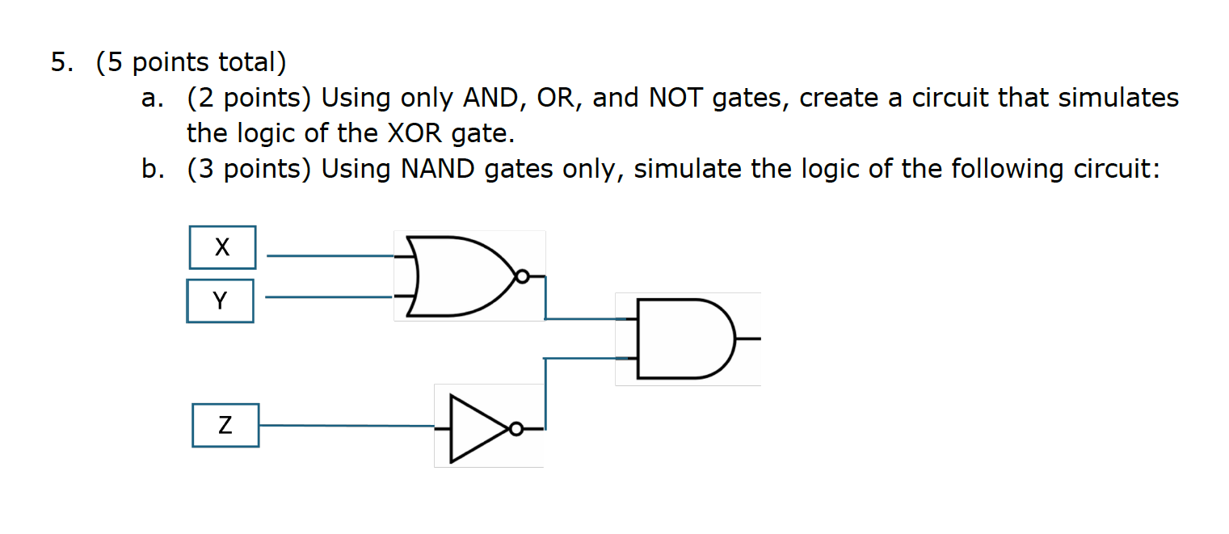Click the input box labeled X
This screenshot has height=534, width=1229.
[x=222, y=247]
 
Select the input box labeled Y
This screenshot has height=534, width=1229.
[x=220, y=301]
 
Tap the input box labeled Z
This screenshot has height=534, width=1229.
[x=225, y=426]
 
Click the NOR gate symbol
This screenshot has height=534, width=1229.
[x=457, y=276]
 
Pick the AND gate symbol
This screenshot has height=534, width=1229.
[x=683, y=338]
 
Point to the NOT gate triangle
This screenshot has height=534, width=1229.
[x=477, y=428]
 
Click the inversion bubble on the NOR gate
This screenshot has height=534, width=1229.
[x=522, y=277]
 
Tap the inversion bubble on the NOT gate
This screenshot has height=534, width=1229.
[x=516, y=429]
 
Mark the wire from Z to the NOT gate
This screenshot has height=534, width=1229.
[x=347, y=425]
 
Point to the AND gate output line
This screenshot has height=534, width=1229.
[x=748, y=339]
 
